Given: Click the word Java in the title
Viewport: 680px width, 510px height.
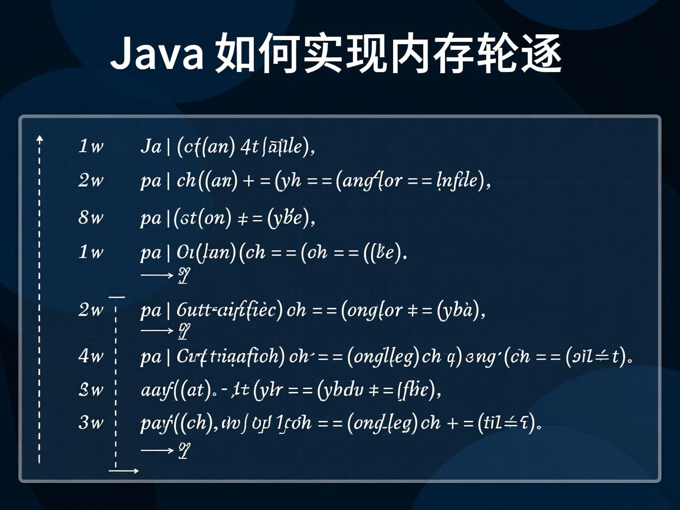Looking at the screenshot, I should point(157,54).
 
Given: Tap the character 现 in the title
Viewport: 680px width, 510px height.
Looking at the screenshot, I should point(365,54).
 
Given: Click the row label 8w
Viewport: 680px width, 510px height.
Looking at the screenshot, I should point(90,218).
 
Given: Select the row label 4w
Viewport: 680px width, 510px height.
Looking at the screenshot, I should point(90,356).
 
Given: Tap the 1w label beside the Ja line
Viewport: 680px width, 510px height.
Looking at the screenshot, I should point(90,146).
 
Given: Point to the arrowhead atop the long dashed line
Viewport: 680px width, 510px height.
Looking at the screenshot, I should point(40,139).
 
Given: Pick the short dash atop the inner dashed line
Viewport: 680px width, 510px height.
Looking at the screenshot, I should point(117,297).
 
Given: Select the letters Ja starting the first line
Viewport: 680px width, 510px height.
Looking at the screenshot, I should point(151,146).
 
